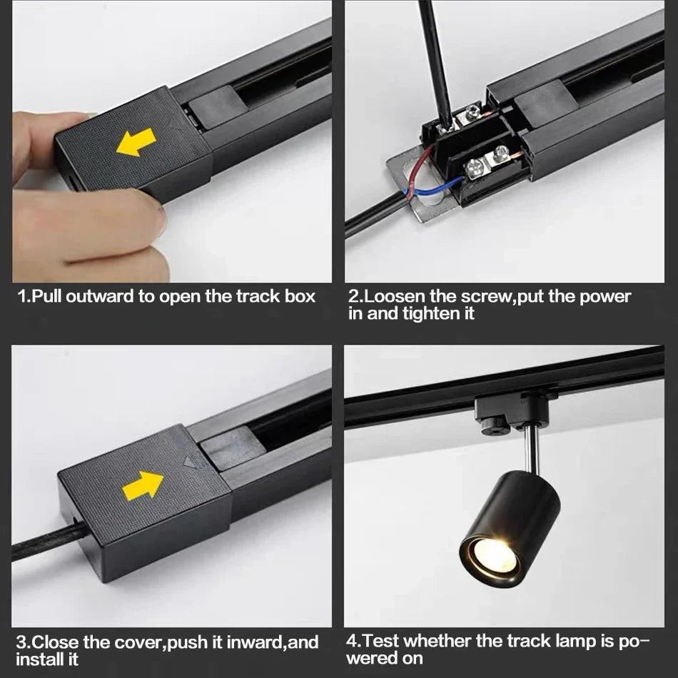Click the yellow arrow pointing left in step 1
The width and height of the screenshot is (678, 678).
coord(136,141)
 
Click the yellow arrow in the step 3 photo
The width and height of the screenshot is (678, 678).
coord(143,486)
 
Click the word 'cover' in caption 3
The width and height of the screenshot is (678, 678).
coord(138,642)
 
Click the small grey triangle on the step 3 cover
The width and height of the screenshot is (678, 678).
coord(191,461)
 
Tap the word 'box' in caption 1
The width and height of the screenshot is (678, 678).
coord(300,297)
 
